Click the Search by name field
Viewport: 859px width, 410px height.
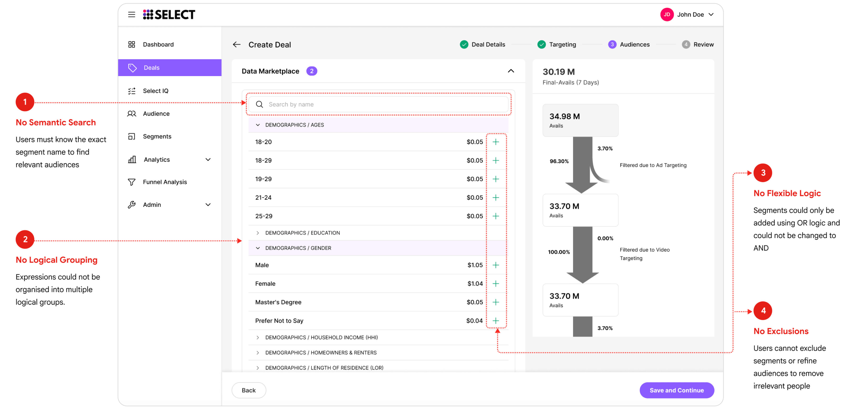(378, 104)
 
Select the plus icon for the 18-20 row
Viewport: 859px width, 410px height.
(496, 142)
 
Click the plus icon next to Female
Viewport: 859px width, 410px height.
(496, 283)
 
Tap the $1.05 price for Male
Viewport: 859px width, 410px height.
(475, 265)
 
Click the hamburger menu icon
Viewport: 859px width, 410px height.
(132, 14)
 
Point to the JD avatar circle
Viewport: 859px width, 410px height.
(667, 14)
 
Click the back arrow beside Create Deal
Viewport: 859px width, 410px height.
(237, 44)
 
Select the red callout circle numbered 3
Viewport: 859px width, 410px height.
(763, 173)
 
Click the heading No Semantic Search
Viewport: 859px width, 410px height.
(56, 122)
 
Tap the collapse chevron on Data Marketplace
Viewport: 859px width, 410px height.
(511, 71)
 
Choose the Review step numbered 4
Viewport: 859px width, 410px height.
(698, 44)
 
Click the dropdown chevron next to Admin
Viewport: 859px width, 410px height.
(208, 205)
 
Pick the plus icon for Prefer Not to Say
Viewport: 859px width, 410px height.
(496, 321)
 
